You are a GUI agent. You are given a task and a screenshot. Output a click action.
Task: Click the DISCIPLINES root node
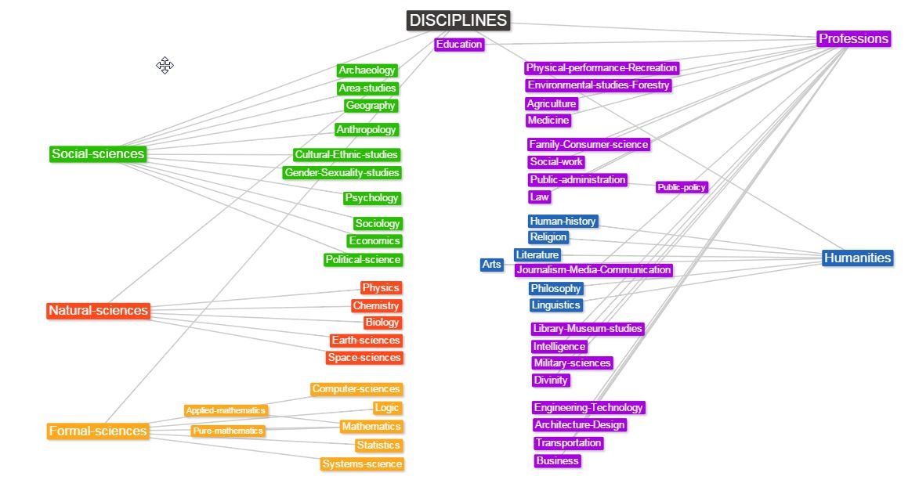[x=458, y=20]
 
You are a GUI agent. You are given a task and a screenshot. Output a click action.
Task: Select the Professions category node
[x=853, y=38]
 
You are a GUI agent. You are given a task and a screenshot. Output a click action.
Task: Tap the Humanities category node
[x=857, y=258]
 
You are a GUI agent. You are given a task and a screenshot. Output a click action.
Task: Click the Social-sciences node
[x=98, y=153]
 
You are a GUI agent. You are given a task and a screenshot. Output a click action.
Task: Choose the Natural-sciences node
[x=98, y=310]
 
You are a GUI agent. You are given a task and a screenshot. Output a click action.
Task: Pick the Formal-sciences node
[x=98, y=431]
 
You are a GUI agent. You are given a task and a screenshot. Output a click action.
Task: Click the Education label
[x=459, y=45]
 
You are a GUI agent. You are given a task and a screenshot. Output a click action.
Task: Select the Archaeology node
[x=367, y=70]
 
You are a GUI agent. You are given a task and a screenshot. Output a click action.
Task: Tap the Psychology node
[x=372, y=198]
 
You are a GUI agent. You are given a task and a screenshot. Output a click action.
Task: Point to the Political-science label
[x=363, y=259]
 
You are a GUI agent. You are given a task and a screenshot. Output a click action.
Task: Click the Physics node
[x=381, y=288]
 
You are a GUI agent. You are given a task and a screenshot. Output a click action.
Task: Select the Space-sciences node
[x=364, y=358]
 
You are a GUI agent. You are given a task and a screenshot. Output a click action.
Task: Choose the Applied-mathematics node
[x=226, y=410]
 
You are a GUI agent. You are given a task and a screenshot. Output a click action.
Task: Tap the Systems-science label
[x=362, y=464]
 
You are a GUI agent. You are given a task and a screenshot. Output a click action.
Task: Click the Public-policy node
[x=682, y=187]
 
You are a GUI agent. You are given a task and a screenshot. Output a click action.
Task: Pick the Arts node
[x=491, y=265]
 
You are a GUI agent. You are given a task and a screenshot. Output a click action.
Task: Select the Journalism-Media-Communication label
[x=593, y=270]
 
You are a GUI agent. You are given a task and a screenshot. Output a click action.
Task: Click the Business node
[x=558, y=461]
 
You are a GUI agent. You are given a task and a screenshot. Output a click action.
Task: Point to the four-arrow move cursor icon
[x=165, y=65]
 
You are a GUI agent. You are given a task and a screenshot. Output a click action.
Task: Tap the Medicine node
[x=548, y=121]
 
